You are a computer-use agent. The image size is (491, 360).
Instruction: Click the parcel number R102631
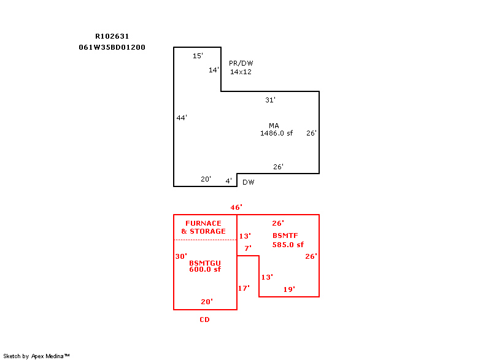112,36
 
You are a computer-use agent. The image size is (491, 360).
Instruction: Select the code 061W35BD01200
112,47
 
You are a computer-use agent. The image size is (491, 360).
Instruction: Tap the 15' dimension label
198,56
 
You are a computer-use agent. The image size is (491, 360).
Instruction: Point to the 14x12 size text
241,72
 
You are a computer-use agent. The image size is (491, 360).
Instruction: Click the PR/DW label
241,63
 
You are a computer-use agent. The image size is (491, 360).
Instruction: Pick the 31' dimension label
270,100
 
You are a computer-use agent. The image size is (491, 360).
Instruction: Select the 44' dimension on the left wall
182,118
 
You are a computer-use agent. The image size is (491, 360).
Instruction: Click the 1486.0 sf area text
277,133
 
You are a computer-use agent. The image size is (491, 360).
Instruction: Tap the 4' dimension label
229,181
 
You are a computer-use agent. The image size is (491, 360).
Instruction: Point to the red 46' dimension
236,207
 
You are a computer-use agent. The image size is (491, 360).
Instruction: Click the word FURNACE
204,223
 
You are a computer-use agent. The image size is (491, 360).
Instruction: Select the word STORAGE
207,231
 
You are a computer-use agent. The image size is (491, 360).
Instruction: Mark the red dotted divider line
205,240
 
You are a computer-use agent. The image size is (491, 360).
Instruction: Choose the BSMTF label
285,236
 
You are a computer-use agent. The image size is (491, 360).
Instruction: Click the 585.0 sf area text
288,245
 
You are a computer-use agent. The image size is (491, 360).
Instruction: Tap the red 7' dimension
248,248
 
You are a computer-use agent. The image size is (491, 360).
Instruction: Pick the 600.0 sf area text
205,269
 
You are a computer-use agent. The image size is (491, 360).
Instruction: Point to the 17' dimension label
244,288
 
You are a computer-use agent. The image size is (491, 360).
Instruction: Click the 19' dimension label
289,289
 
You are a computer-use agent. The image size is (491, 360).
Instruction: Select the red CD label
205,320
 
